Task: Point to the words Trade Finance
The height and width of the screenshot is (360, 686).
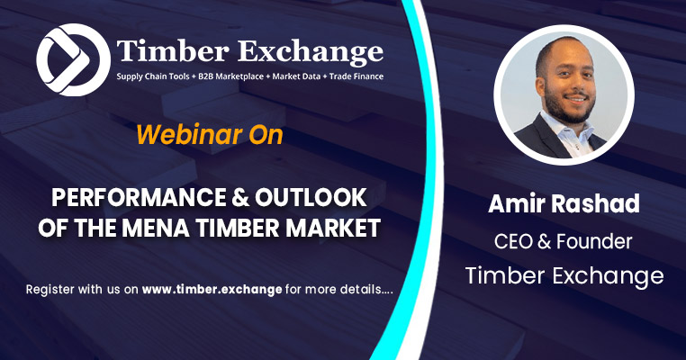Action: [353, 77]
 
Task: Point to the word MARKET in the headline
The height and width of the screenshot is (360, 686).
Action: [329, 226]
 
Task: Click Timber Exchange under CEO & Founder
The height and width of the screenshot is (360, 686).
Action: [564, 275]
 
